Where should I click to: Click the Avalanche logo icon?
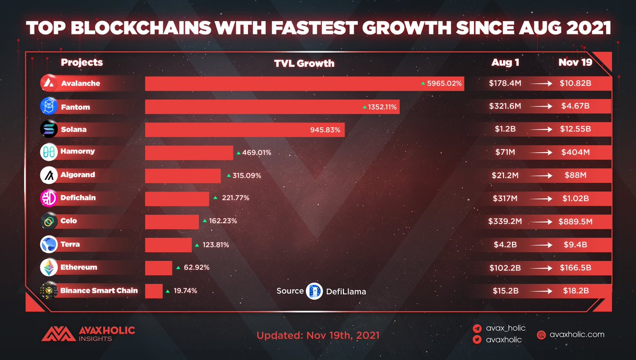click(49, 83)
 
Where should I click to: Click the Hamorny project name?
click(78, 152)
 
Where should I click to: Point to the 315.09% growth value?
click(245, 175)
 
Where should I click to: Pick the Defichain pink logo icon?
click(49, 198)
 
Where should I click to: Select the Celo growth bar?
click(172, 222)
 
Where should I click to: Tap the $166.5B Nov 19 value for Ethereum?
click(575, 268)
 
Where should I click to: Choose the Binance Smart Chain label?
click(99, 290)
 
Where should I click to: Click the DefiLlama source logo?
click(314, 291)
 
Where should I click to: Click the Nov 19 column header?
click(575, 63)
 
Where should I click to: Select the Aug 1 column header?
click(505, 63)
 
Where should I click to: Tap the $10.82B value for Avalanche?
click(575, 83)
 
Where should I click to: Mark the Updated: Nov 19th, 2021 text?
click(318, 336)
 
